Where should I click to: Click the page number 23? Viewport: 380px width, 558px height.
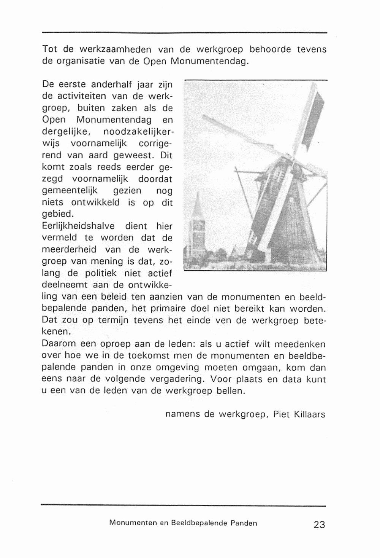319,525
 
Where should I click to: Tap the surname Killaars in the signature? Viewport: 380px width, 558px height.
310,414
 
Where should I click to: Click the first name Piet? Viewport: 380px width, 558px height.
282,414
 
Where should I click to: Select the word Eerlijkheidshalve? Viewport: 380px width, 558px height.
78,226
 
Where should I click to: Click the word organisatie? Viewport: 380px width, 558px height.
81,61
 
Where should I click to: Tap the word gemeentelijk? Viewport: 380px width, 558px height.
70,191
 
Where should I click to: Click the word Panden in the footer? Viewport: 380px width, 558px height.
244,523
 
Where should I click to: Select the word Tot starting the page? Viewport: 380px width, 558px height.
49,49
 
